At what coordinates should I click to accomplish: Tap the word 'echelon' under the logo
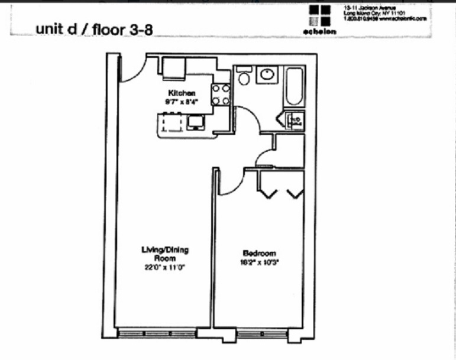[323, 31]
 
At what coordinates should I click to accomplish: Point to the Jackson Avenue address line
[364, 7]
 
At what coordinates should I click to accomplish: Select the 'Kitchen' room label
[182, 93]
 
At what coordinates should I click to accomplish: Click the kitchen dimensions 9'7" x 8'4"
[181, 101]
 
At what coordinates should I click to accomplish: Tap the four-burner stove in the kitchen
[221, 95]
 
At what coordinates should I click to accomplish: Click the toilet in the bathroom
[243, 77]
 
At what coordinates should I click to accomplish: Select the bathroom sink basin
[267, 75]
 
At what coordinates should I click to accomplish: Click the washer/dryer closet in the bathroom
[294, 121]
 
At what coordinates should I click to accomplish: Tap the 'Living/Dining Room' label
[164, 254]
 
